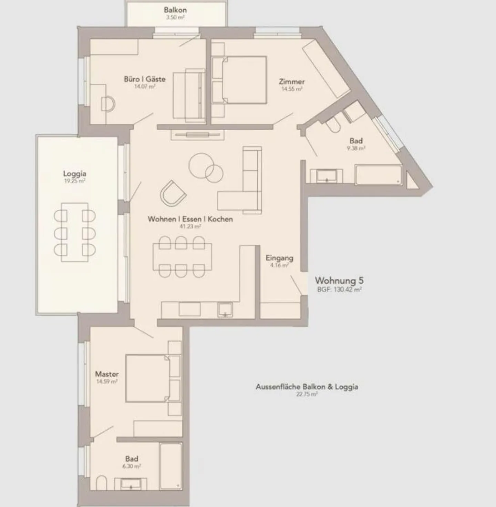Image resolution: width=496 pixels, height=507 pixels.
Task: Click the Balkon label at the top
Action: [175, 10]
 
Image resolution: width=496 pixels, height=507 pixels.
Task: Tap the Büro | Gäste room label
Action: [144, 79]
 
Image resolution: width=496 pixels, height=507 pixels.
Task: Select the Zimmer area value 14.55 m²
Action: [292, 89]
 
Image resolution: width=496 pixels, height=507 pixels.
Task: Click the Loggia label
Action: [74, 174]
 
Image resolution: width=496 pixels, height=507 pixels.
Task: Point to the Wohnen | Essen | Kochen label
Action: [190, 219]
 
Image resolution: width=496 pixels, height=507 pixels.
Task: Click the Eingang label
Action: [279, 258]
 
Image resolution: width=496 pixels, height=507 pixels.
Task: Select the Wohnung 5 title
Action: [339, 280]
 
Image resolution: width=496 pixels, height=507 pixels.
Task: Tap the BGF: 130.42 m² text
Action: [339, 290]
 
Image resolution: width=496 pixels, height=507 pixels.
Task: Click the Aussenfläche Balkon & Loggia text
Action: [307, 387]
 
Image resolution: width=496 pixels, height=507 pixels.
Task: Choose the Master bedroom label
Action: [107, 374]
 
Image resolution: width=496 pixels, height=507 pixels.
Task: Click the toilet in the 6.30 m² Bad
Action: [102, 483]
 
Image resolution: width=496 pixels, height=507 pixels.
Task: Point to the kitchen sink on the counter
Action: [225, 309]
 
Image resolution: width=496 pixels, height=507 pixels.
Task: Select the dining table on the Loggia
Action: [75, 232]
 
